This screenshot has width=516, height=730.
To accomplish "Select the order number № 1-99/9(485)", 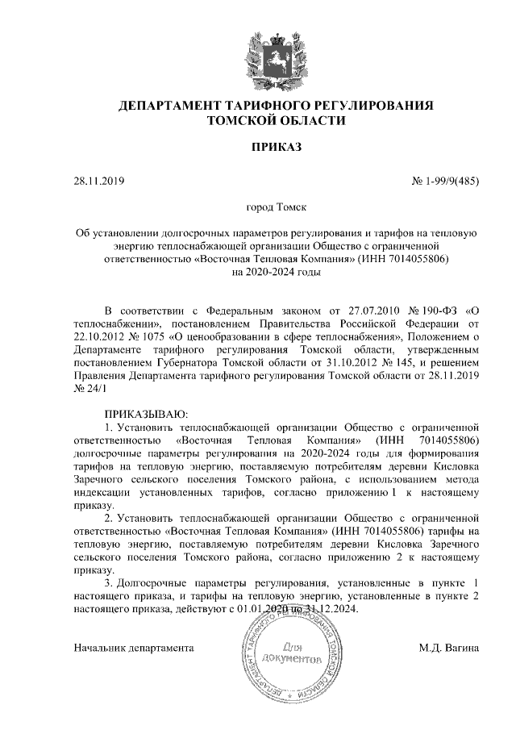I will [445, 181].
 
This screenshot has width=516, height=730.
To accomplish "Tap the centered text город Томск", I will [276, 208].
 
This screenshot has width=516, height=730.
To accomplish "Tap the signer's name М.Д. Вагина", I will [449, 647].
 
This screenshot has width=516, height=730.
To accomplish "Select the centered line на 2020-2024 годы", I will [276, 273].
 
